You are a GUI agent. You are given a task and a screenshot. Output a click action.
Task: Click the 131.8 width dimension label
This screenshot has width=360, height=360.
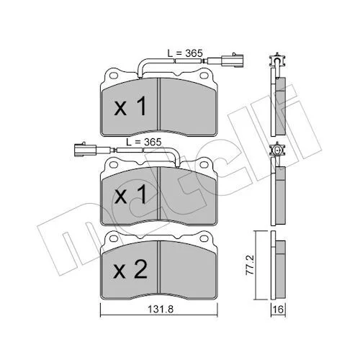pyautogui.click(x=161, y=309)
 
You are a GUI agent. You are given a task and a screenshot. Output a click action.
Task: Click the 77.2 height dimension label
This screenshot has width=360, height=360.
pyautogui.click(x=251, y=265)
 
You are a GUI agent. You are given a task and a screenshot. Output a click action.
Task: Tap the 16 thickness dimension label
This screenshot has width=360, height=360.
pyautogui.click(x=279, y=309)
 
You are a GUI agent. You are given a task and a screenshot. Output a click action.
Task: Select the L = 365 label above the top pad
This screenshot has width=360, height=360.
pyautogui.click(x=185, y=53)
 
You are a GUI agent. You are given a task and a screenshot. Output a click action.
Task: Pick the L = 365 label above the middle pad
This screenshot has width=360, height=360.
pyautogui.click(x=144, y=142)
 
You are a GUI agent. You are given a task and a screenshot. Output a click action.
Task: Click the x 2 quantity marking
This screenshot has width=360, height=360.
pyautogui.click(x=130, y=270)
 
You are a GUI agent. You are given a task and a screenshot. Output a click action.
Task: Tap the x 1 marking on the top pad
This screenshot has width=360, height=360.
pyautogui.click(x=130, y=106)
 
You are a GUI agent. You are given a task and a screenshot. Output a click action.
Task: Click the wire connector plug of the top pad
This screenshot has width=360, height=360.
pyautogui.click(x=232, y=60)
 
